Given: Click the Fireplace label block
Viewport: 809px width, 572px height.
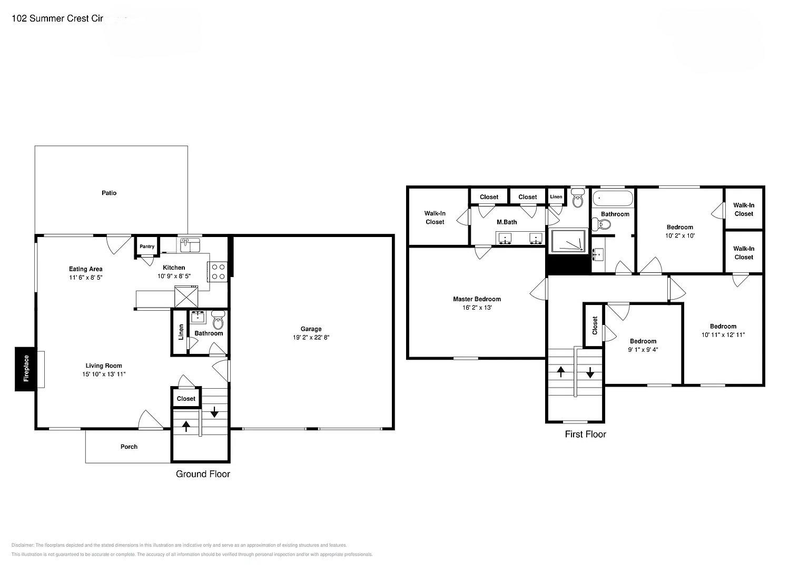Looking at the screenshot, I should (x=25, y=369).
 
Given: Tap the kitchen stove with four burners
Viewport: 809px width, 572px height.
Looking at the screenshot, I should (x=218, y=271).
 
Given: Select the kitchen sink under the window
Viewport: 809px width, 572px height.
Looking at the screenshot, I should (x=189, y=245).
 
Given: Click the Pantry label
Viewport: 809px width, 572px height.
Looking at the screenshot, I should (x=147, y=246).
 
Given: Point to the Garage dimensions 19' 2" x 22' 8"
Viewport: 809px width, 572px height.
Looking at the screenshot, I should (x=311, y=338).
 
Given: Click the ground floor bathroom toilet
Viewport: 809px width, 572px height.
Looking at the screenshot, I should (x=218, y=321).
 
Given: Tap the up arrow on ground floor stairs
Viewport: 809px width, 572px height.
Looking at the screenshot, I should (x=186, y=426).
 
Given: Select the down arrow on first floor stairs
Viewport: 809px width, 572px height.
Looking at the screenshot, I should (x=590, y=372).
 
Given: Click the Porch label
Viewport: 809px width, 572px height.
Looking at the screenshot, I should (x=129, y=447).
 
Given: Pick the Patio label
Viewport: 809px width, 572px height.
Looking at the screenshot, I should (x=109, y=193).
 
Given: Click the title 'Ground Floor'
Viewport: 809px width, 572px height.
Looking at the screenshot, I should (x=203, y=474).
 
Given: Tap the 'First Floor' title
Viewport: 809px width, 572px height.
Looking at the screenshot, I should (x=585, y=435).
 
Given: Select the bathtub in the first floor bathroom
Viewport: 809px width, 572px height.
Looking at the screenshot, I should (x=613, y=199).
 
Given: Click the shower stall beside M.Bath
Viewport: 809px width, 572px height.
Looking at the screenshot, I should (x=567, y=242).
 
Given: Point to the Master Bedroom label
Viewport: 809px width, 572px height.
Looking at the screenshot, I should (x=477, y=299).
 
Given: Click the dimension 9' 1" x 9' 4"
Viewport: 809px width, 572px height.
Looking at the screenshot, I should (x=643, y=350).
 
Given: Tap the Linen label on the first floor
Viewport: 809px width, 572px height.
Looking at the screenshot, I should (x=556, y=196).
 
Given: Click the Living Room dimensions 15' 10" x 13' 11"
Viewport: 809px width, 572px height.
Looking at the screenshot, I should (x=104, y=374).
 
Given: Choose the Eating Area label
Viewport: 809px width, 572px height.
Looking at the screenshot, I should (x=85, y=269).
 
